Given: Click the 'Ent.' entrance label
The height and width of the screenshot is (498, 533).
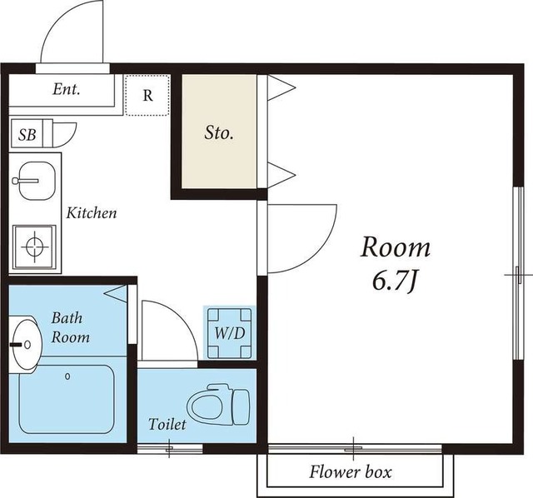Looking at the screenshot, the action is [67, 89].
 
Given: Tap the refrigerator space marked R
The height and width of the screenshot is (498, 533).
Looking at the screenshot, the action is [147, 95].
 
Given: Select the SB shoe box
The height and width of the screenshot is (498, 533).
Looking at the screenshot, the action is [27, 133].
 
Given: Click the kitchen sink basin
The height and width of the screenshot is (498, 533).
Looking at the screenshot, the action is [37, 181].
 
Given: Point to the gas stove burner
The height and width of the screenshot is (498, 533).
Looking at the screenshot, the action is [35, 247].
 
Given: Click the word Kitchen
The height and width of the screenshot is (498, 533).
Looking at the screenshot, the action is [92, 213].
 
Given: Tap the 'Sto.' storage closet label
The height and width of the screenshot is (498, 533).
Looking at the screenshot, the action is [219, 132].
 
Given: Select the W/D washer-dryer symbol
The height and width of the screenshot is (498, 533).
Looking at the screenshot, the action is [230, 333].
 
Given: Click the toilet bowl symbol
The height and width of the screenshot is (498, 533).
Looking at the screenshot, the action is [218, 405].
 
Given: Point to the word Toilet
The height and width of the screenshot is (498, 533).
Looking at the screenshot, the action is [167, 424].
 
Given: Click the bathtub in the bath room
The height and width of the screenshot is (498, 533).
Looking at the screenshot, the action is [67, 399].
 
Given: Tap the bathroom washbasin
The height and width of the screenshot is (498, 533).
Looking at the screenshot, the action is [26, 345].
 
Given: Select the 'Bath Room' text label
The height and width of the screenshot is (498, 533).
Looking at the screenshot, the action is [70, 327].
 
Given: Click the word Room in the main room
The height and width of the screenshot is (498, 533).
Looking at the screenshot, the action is [396, 247].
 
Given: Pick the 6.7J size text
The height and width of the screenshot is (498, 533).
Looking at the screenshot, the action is [395, 281].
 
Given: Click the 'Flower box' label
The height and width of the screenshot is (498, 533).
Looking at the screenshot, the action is [350, 472].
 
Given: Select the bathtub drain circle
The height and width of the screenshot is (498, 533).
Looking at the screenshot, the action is [67, 376].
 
